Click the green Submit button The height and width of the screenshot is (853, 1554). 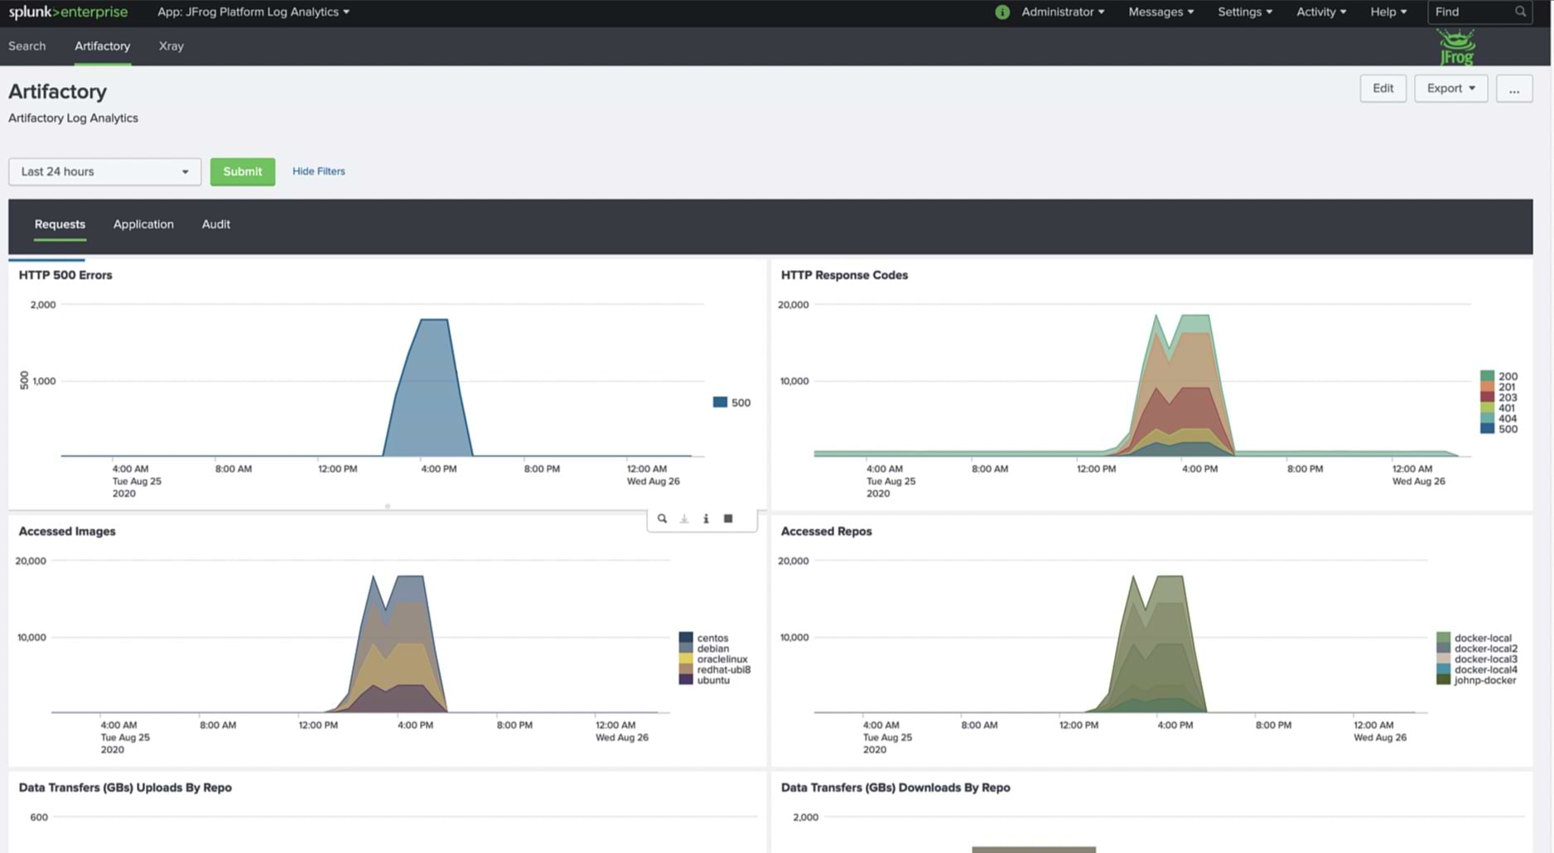(x=242, y=171)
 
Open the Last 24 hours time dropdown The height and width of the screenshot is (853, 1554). (x=104, y=171)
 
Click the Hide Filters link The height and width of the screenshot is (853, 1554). (x=318, y=171)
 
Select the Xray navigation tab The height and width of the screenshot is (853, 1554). (x=171, y=46)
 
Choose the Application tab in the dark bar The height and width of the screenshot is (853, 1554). (x=143, y=224)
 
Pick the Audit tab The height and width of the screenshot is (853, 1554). (x=215, y=224)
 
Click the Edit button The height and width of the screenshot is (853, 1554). (x=1383, y=89)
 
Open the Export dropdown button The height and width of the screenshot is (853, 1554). (x=1450, y=89)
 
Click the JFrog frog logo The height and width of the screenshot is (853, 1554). (x=1455, y=47)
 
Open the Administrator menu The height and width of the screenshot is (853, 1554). (x=1062, y=12)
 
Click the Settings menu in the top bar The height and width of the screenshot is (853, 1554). (x=1244, y=12)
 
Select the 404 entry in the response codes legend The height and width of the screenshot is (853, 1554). (x=1507, y=419)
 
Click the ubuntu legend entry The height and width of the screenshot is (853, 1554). (x=712, y=681)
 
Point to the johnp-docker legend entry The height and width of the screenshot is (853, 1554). (x=1484, y=681)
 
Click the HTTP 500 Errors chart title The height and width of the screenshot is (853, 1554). (x=65, y=275)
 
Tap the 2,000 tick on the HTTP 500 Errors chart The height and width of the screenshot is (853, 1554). (x=43, y=305)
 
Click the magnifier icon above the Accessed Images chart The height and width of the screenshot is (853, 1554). (x=662, y=519)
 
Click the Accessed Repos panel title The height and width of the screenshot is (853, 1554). (x=826, y=532)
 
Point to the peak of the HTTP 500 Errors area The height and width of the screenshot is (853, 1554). (x=435, y=320)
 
